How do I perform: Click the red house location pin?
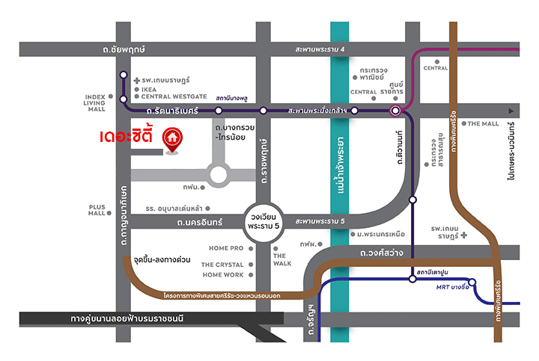coord(173,139)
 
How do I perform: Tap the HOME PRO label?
coord(226,248)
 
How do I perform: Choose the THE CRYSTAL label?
coord(223,265)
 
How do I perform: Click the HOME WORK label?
coord(224,275)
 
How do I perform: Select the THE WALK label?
coord(282,259)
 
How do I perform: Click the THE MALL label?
coord(484,124)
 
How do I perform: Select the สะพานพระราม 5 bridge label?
coord(320,222)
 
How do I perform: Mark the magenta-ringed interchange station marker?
coord(395,111)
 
